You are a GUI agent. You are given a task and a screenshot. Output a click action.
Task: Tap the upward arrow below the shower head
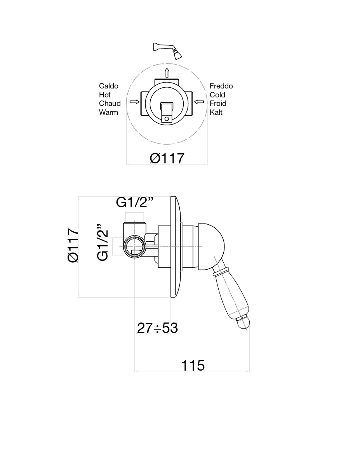click(x=167, y=73)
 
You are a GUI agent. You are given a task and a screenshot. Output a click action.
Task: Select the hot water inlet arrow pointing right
click(x=134, y=102)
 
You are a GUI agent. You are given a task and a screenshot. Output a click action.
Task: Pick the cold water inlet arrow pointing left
click(x=199, y=102)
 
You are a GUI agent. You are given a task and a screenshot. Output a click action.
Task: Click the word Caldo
click(x=109, y=86)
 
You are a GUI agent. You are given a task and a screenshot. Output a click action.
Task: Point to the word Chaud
click(x=110, y=104)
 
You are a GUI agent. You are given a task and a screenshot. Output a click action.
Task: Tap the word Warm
click(x=108, y=112)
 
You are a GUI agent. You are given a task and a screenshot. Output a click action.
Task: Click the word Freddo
click(x=221, y=86)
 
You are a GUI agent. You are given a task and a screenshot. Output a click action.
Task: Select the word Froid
click(x=218, y=104)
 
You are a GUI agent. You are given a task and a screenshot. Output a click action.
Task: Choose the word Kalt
click(x=216, y=112)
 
